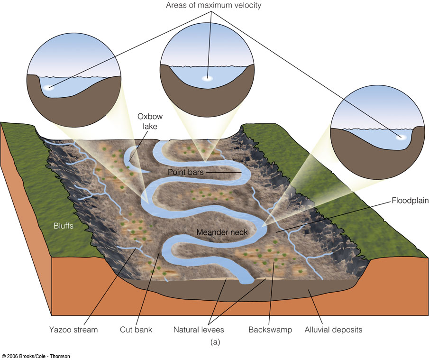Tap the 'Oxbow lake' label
[148, 121]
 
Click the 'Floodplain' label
[410, 201]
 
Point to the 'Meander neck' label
[216, 232]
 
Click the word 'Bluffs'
[63, 226]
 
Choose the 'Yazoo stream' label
[73, 329]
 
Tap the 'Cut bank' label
[136, 329]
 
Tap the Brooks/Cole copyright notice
[35, 356]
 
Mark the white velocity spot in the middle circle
[207, 79]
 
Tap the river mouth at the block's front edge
[246, 281]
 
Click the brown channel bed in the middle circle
[207, 102]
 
